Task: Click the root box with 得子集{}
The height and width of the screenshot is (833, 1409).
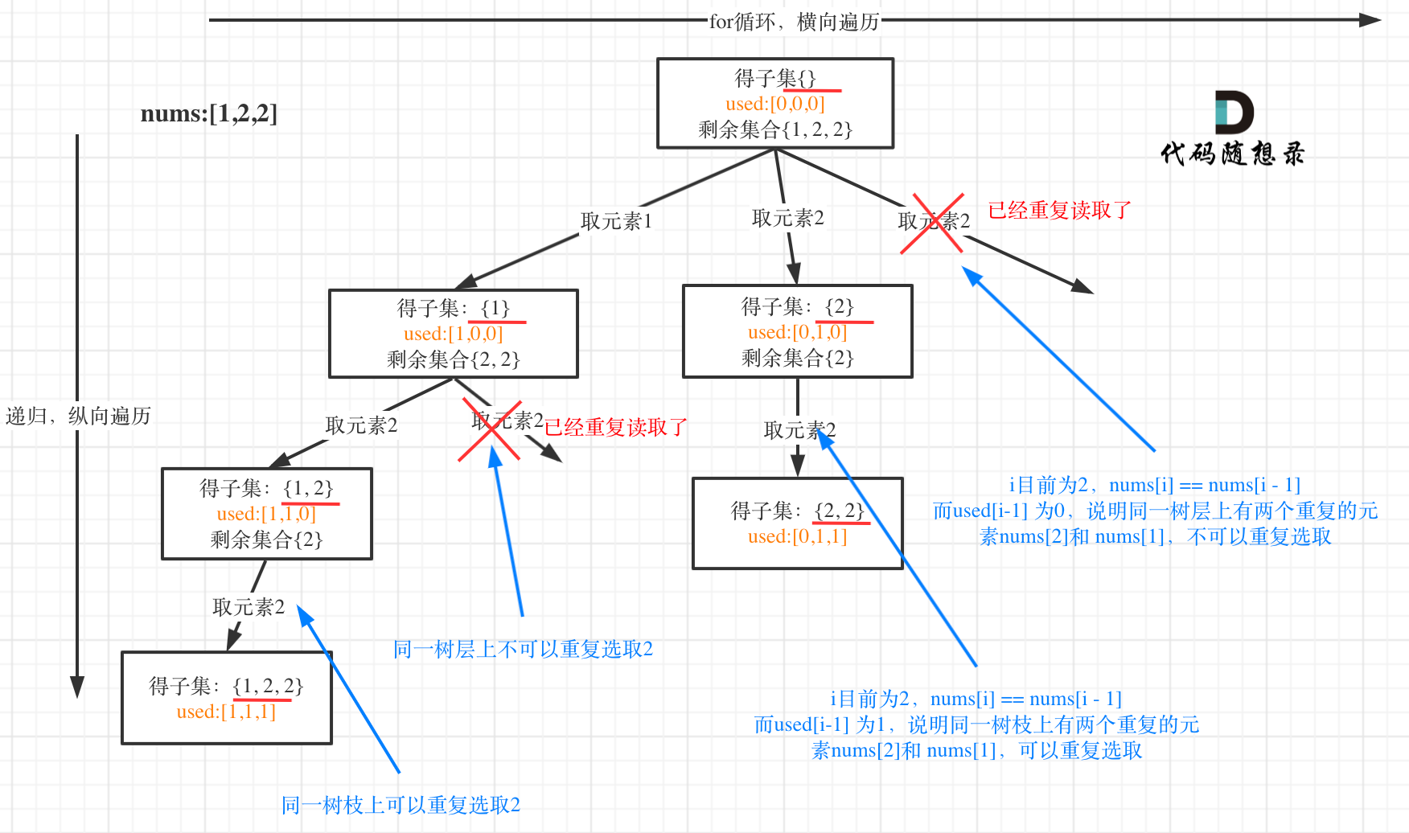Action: [774, 103]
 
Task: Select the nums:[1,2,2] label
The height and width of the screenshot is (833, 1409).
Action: [208, 113]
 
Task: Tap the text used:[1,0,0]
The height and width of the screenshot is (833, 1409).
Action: [453, 334]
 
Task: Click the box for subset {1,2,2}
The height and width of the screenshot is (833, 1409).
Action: [226, 698]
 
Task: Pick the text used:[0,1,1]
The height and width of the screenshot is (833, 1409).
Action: [797, 536]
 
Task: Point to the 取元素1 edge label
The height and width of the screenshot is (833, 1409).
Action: [616, 221]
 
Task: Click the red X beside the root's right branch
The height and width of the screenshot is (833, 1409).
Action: [932, 224]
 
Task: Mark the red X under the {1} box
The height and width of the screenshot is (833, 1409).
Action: [491, 430]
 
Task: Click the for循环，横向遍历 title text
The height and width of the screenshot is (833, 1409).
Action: [794, 22]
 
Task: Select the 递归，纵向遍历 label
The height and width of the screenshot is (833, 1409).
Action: [78, 416]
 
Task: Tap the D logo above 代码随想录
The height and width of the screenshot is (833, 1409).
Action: [1234, 113]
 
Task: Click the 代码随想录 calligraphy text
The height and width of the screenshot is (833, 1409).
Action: [1232, 154]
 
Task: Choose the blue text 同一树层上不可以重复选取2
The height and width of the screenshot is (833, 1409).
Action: [523, 649]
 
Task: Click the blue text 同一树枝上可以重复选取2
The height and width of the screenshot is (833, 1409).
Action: [401, 805]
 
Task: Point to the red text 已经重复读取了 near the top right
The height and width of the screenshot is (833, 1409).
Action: [1059, 211]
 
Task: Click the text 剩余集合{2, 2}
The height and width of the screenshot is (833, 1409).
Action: [453, 359]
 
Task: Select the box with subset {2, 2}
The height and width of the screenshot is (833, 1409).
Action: [797, 523]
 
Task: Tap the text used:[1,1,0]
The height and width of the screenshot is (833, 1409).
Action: [266, 514]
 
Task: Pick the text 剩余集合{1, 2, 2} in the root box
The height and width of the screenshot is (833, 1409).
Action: [774, 129]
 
